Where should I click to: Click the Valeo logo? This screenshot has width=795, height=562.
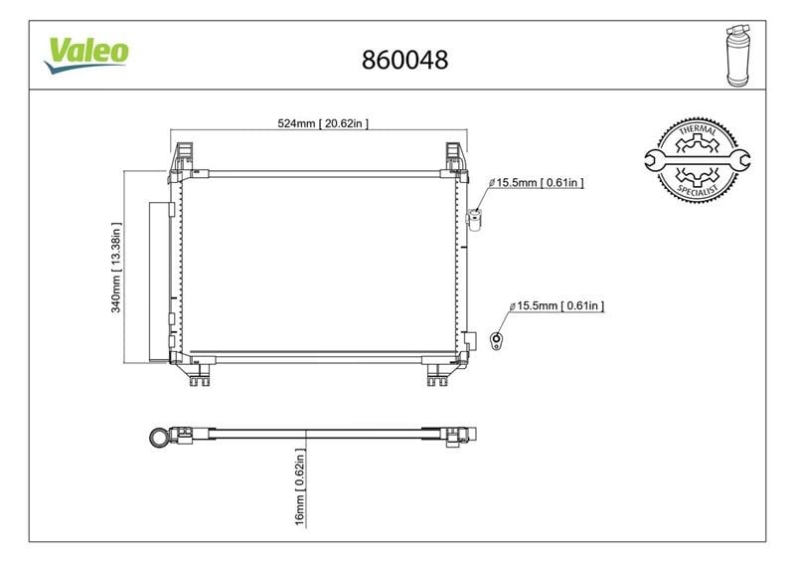(x=86, y=55)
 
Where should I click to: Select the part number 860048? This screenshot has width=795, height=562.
(x=404, y=60)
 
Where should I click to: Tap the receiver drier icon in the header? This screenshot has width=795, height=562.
(x=738, y=55)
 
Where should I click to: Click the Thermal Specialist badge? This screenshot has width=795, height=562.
(x=698, y=160)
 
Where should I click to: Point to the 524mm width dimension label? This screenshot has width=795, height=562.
(x=323, y=123)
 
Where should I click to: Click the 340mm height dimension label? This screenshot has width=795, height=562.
(x=116, y=268)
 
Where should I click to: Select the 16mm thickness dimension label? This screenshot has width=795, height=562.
(x=300, y=486)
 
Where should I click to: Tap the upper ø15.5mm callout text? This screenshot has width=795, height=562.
(x=537, y=182)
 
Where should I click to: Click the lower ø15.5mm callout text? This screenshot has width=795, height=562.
(x=556, y=305)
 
